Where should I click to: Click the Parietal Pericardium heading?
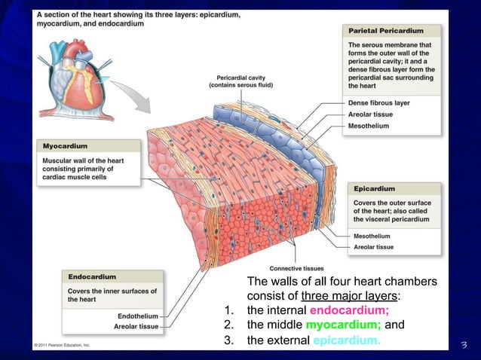(x=385, y=31)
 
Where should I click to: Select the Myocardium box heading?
(x=66, y=145)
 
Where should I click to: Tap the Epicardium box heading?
(x=375, y=188)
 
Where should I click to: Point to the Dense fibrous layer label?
(x=378, y=102)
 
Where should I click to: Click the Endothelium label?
(x=138, y=316)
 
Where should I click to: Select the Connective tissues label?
(x=293, y=268)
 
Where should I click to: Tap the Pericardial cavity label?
(x=240, y=78)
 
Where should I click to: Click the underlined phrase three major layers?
(x=350, y=295)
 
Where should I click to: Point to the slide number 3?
(x=464, y=346)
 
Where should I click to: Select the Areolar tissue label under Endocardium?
(x=136, y=327)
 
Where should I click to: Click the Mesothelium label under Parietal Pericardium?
(x=369, y=126)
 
